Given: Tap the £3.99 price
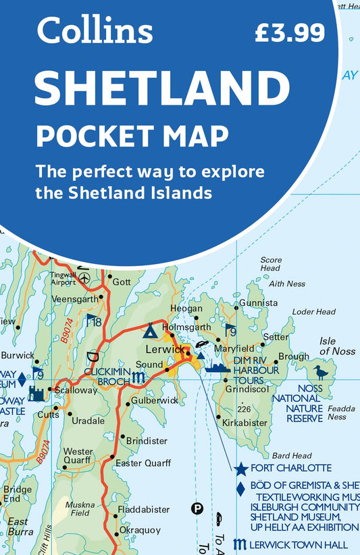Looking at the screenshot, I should pyautogui.click(x=290, y=32).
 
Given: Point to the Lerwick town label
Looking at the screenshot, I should pyautogui.click(x=165, y=349).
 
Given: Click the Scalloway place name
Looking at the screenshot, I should pyautogui.click(x=76, y=390).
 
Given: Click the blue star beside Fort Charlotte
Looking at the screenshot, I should pyautogui.click(x=240, y=468).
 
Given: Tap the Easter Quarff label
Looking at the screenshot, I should pyautogui.click(x=143, y=463).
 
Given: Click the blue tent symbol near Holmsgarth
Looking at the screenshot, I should pyautogui.click(x=149, y=331).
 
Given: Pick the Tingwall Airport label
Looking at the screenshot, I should pyautogui.click(x=63, y=278).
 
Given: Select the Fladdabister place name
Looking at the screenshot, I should pyautogui.click(x=143, y=510).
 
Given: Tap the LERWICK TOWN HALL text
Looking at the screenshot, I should pyautogui.click(x=299, y=544).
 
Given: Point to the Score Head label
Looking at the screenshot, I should pyautogui.click(x=270, y=264).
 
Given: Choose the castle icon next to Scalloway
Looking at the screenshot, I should pyautogui.click(x=36, y=392).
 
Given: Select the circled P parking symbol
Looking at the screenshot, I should pyautogui.click(x=197, y=508).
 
